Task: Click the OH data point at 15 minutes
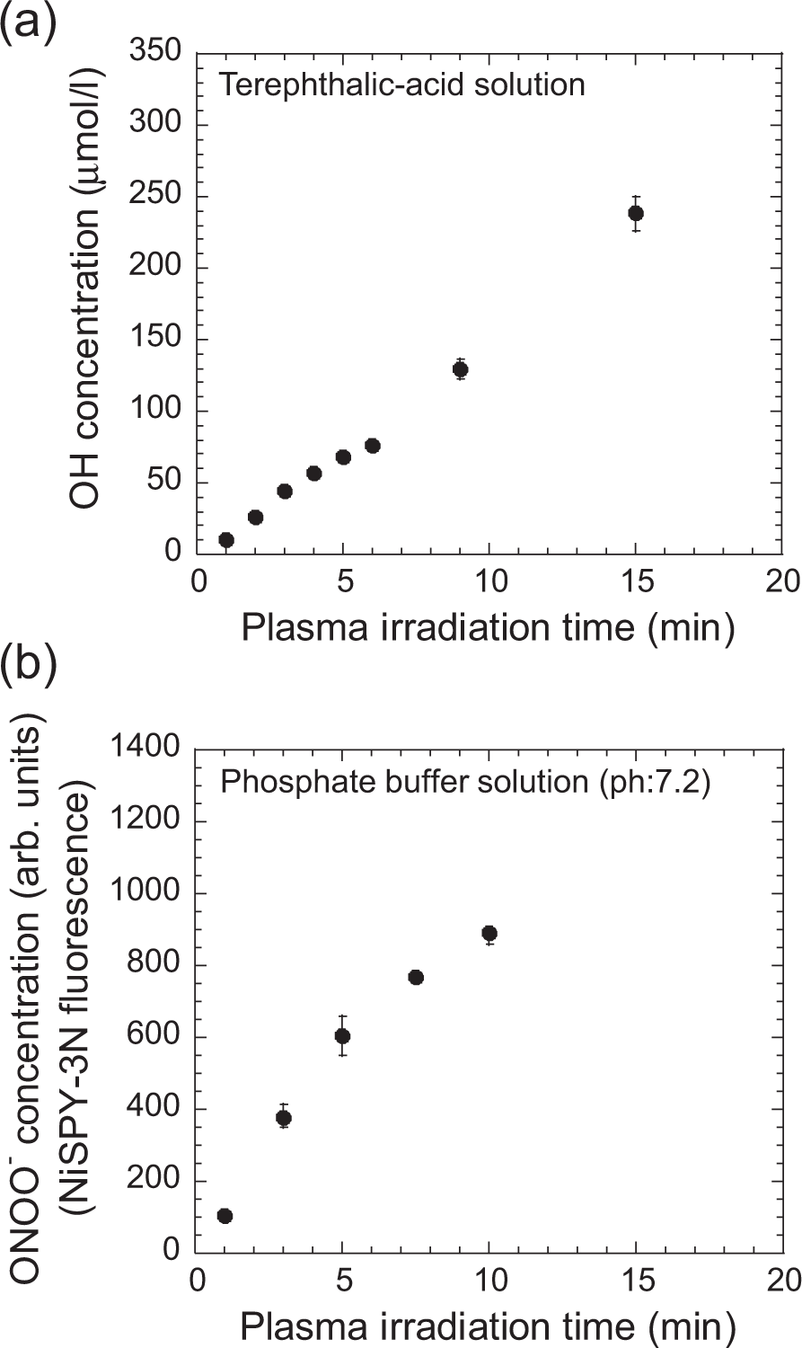point(636,213)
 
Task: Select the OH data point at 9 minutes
point(461,369)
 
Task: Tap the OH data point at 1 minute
point(226,540)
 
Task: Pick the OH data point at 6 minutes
point(373,446)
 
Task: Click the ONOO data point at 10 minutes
point(489,934)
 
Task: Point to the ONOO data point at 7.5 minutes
point(416,978)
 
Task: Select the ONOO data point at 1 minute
point(225,1216)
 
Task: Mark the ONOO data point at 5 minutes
point(342,1036)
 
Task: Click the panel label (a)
point(29,21)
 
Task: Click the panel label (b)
point(29,666)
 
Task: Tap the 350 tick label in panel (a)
point(156,54)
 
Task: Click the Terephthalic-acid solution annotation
point(402,85)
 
